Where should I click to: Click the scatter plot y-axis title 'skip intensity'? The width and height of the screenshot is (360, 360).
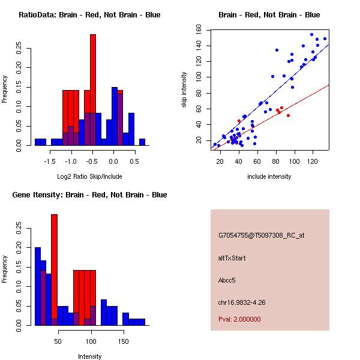[x=184, y=89]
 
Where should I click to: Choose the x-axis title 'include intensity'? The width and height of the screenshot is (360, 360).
[x=269, y=176]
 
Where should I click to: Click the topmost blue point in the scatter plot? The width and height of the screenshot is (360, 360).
[x=311, y=35]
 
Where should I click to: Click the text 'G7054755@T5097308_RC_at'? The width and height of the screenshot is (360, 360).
[x=262, y=236]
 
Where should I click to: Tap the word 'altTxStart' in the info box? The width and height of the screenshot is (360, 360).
[x=232, y=258]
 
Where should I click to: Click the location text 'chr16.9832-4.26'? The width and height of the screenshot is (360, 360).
[x=242, y=302]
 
